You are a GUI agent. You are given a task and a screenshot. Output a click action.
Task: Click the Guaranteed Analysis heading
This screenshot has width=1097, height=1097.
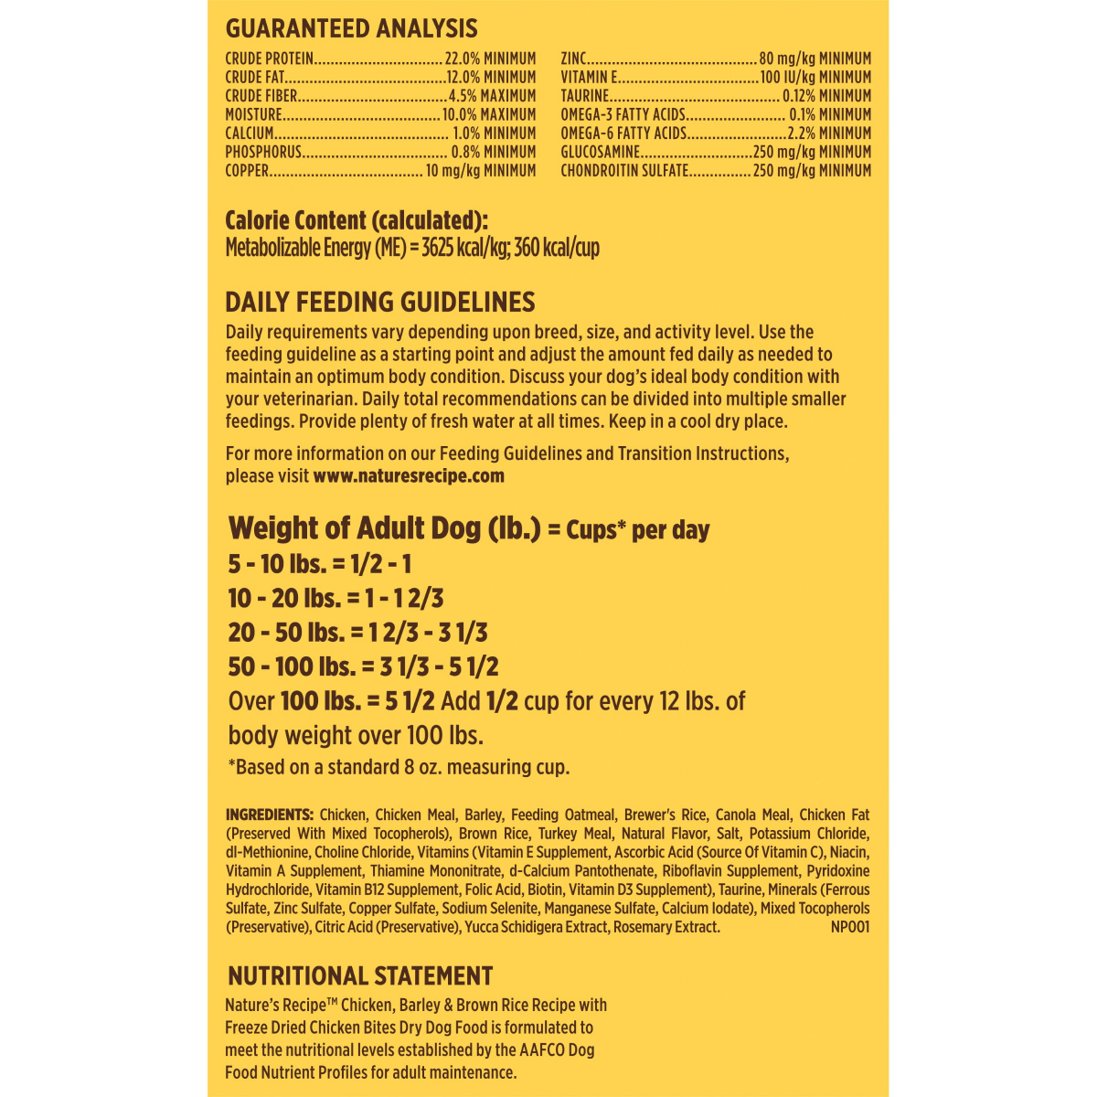coord(351,29)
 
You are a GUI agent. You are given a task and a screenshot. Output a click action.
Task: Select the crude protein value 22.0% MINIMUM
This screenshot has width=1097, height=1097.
coord(490,59)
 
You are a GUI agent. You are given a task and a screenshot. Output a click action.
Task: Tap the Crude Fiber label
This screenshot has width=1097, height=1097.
coord(261,96)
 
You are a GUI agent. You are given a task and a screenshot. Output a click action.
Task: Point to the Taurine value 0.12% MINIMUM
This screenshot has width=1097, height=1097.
coord(826,96)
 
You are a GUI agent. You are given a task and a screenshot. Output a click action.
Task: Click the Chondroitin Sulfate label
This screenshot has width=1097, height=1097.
coord(624,171)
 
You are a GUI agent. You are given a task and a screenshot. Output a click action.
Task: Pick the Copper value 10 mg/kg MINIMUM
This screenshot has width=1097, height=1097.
coord(481,171)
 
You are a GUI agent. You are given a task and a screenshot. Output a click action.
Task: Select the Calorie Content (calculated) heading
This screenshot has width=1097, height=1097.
coord(357,221)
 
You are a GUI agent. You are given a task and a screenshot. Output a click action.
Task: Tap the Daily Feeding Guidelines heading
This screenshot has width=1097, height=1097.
coord(380,303)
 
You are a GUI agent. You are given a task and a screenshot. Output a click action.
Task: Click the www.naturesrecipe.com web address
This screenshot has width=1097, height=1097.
coord(409,476)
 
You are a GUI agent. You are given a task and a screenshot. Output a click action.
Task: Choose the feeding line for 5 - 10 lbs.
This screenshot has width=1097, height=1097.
coord(320,564)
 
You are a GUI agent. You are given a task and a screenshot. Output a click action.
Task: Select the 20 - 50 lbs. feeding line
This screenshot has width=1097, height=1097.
coord(357,633)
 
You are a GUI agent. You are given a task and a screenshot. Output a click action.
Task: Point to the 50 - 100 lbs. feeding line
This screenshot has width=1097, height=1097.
coord(363,667)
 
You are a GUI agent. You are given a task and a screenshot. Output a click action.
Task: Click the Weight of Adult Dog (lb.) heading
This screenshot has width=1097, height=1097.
coord(385,529)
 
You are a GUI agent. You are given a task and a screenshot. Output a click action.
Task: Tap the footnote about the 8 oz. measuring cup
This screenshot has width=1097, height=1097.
coord(399,768)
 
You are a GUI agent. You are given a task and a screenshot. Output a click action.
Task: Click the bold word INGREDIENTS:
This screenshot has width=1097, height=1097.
coord(270,815)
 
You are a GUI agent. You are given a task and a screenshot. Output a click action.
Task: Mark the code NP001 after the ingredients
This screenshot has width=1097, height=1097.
coord(850,927)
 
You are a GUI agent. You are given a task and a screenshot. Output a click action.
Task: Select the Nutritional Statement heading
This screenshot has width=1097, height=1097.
coord(360,976)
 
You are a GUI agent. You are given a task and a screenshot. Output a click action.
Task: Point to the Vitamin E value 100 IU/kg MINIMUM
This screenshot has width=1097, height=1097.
coord(815,78)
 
